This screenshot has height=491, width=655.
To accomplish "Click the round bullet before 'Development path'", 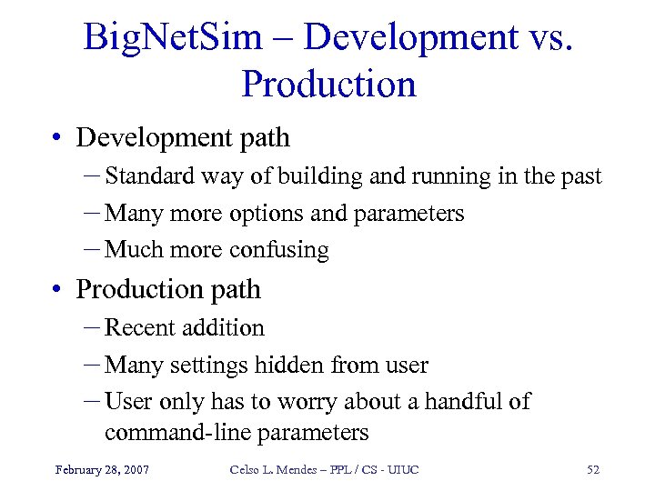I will point(58,139).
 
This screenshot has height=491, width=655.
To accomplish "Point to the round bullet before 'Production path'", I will point(58,291).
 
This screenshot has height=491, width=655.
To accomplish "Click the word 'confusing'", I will point(282,250).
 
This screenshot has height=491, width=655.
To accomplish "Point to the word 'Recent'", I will point(140,328).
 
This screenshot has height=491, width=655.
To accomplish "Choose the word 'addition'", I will point(223,328).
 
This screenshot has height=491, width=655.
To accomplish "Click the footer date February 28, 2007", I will point(102,470).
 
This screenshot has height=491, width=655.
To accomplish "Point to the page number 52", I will point(593,470).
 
